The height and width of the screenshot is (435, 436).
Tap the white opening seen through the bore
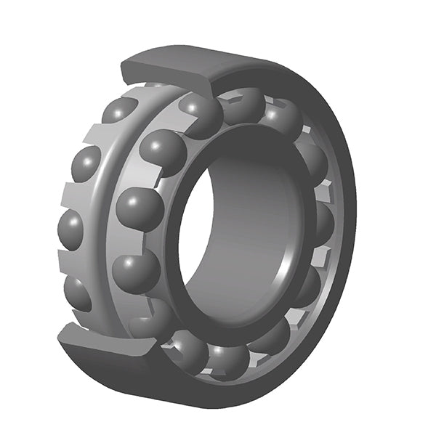click(195, 232)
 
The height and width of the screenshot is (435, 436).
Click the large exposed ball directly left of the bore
click(140, 208)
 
